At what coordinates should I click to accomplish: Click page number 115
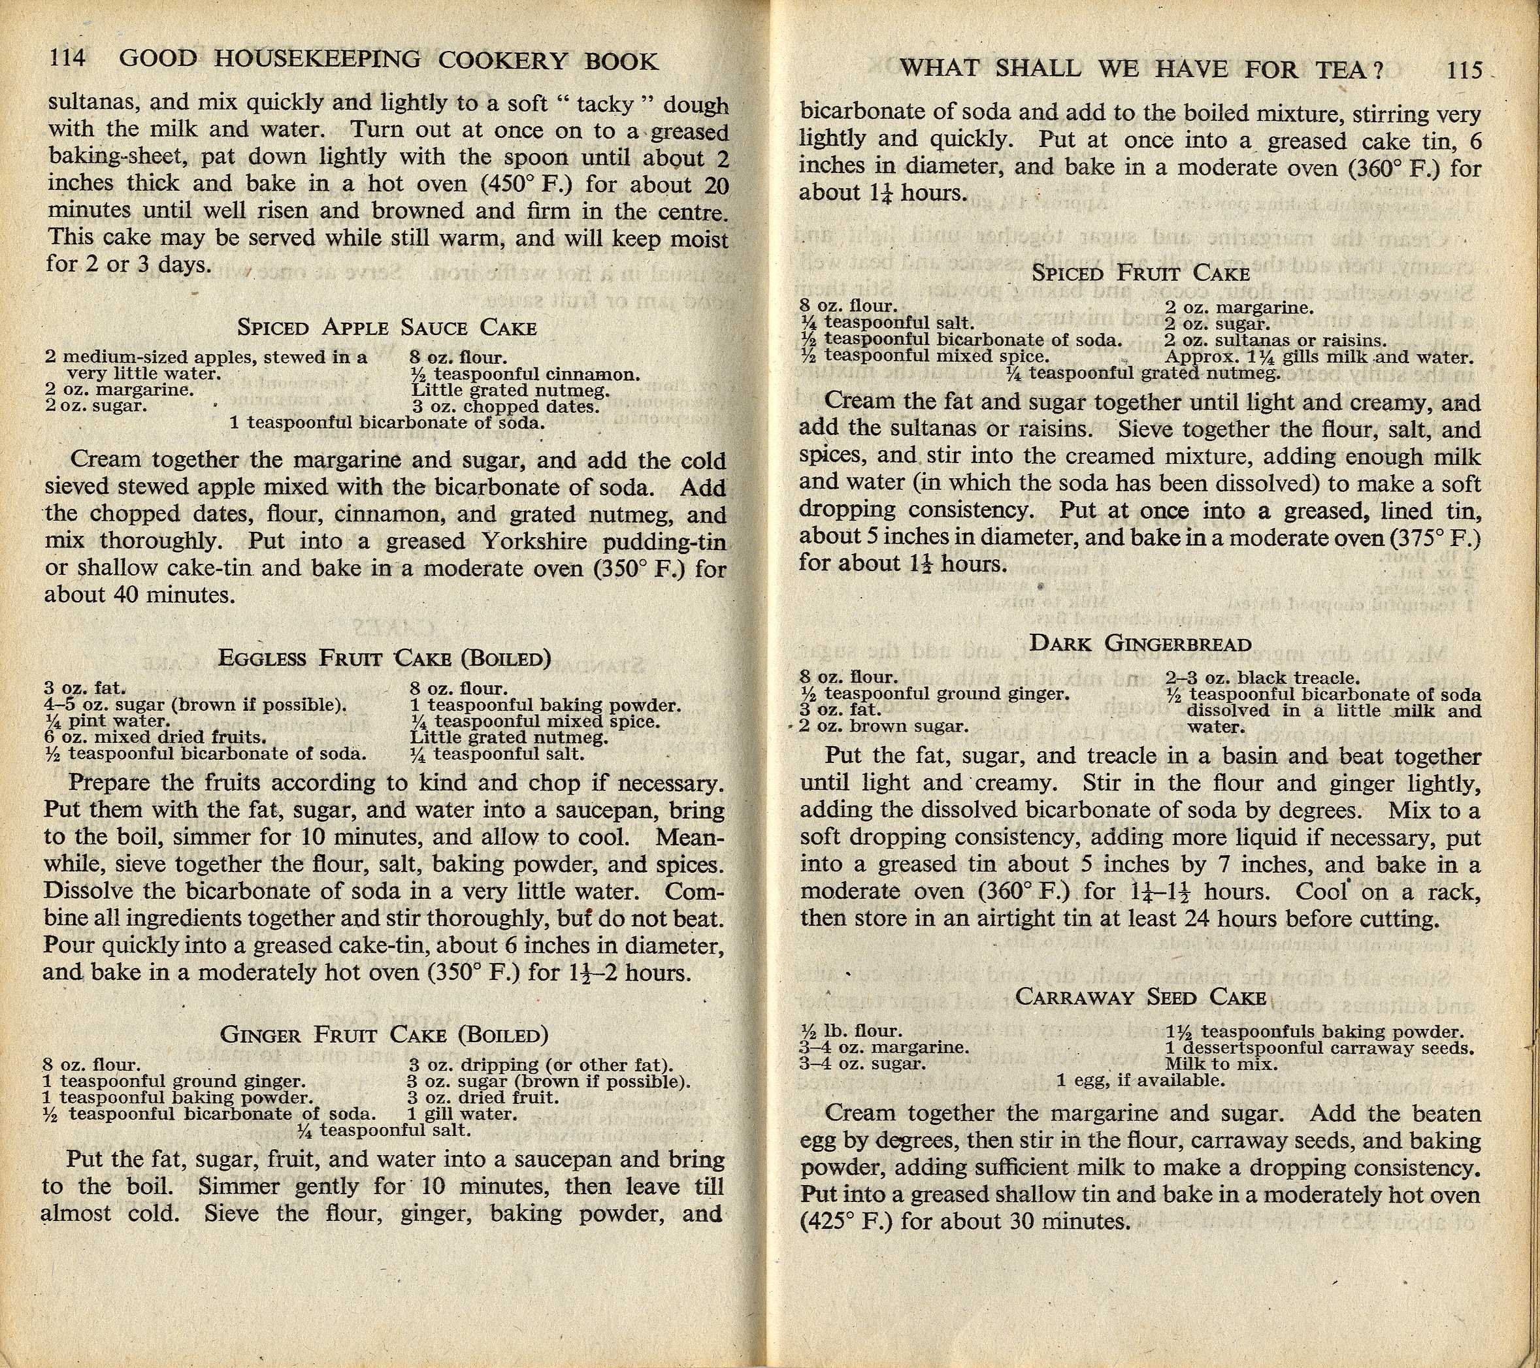[x=1464, y=70]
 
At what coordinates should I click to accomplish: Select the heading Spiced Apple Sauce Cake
[x=387, y=328]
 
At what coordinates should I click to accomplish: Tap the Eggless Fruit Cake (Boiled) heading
[x=384, y=658]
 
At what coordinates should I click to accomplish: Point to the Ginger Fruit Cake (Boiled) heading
[x=384, y=1034]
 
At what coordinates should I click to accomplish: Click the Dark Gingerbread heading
[x=1140, y=643]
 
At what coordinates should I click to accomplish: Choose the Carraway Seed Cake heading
[x=1140, y=997]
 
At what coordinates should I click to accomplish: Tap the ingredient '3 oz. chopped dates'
[x=506, y=407]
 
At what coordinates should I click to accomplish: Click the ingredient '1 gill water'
[x=462, y=1113]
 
